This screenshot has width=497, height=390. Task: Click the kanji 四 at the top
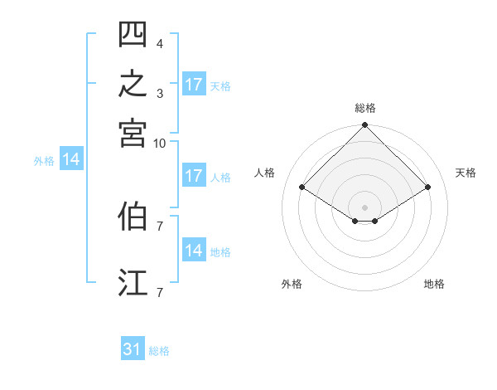[x=133, y=34]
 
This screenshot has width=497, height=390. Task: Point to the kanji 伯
[x=133, y=216]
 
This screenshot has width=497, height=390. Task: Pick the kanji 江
[x=133, y=282]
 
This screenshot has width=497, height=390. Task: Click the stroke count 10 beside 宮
[x=159, y=144]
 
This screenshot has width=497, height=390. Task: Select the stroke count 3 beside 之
[x=160, y=94]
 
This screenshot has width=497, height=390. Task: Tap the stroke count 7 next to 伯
[x=160, y=227]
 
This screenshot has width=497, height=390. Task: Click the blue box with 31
[x=133, y=348]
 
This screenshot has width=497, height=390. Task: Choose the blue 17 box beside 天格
[x=194, y=84]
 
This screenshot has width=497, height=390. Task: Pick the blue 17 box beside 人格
[x=194, y=175]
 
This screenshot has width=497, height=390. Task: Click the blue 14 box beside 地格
[x=194, y=249]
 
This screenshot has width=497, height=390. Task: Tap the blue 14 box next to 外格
[x=71, y=158]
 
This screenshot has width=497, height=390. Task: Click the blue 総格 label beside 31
[x=159, y=351]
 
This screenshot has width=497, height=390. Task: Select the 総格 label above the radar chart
[x=365, y=108]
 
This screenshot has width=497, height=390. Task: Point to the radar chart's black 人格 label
[x=264, y=173]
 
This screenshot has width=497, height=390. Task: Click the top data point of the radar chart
[x=364, y=124]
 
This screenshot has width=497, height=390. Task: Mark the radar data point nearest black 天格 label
[x=427, y=187]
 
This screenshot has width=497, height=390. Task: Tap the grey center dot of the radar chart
[x=364, y=207]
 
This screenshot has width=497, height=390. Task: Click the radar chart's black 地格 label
[x=434, y=284]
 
